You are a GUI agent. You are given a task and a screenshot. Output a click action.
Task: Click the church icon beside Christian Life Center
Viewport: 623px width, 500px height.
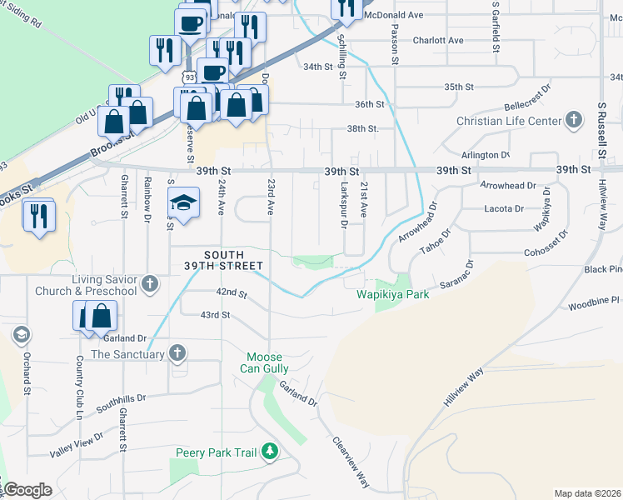pos(573,121)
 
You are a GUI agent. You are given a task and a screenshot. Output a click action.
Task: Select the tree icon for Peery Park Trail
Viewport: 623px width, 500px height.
pos(269,452)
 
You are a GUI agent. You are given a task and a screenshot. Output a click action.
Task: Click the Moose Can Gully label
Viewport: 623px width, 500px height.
pos(267,362)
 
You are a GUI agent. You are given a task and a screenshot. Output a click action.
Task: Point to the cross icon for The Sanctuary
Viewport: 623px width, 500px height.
pos(177,354)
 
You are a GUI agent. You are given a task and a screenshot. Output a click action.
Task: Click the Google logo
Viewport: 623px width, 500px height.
pos(27,490)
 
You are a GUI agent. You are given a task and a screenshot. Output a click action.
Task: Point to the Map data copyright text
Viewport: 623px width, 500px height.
pos(588,493)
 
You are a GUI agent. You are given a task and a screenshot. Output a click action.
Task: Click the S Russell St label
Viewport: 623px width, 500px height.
pos(601,129)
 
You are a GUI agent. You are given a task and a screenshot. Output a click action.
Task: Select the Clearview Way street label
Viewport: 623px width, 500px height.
pos(350,462)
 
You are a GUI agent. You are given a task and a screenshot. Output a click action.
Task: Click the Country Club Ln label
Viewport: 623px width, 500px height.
pos(80,387)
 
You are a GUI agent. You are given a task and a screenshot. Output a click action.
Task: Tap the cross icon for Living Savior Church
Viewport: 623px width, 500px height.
pos(150,285)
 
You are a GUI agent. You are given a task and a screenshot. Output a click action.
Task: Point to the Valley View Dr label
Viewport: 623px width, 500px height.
pos(77,440)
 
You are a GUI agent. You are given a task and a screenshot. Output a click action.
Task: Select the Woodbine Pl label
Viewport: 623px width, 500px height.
pos(595,302)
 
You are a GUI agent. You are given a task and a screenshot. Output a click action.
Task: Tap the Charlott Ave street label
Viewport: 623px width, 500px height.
pos(437,40)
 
